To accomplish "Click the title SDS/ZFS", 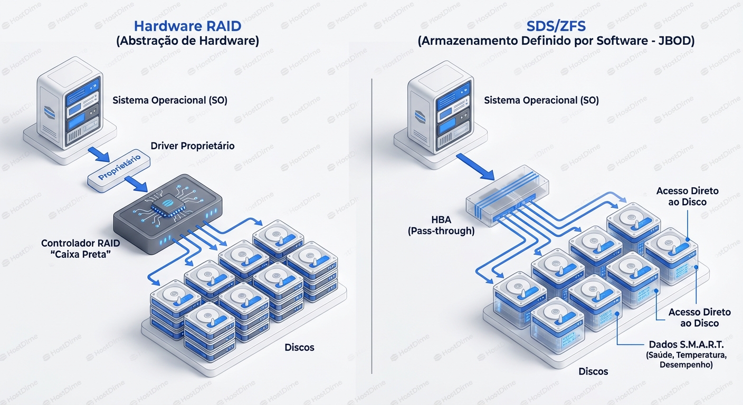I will click(556, 26).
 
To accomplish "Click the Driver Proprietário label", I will click(192, 146).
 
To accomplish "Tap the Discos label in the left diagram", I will click(299, 348).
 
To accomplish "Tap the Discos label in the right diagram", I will click(593, 372).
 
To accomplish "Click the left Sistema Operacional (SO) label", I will click(170, 100).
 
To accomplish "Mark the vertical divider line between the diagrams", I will click(372, 227).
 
